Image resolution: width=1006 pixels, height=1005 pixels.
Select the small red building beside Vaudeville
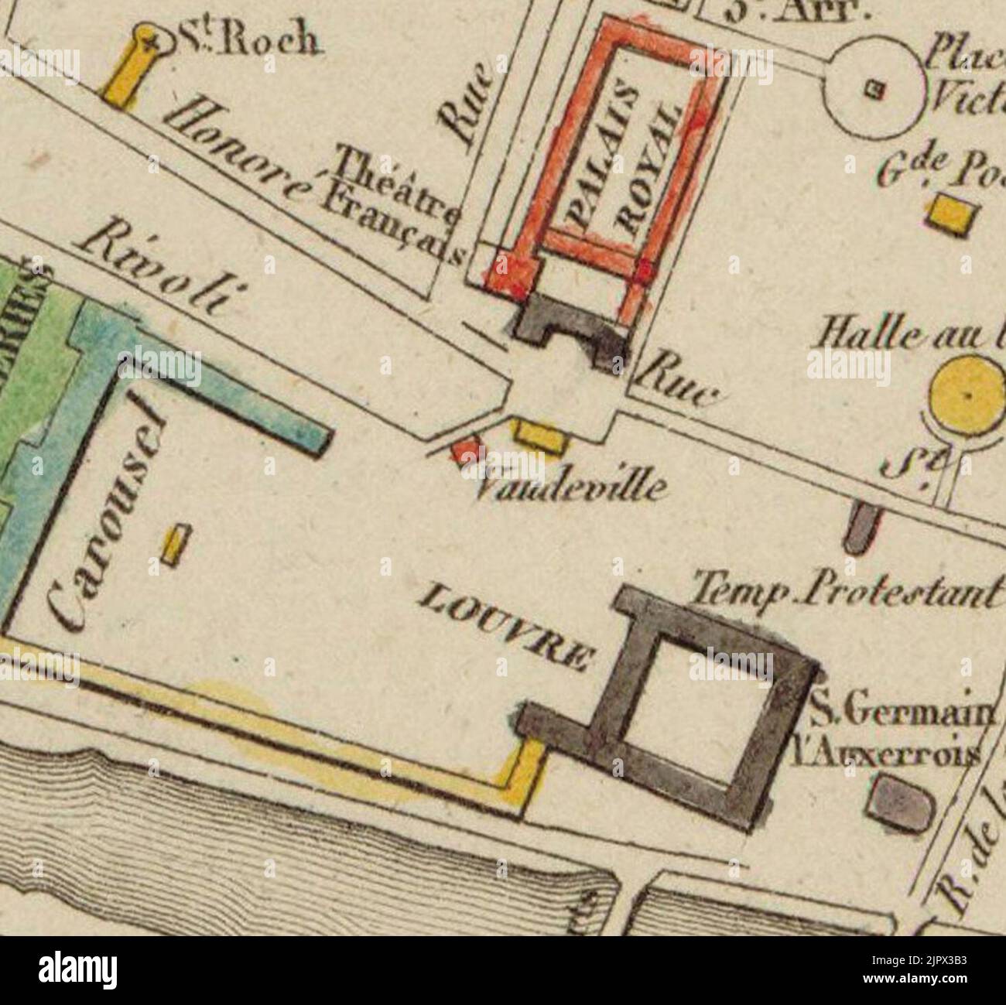coord(465,452)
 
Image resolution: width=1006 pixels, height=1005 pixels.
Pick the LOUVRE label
coord(508,626)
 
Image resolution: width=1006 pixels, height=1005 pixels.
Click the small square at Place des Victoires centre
coord(876,90)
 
